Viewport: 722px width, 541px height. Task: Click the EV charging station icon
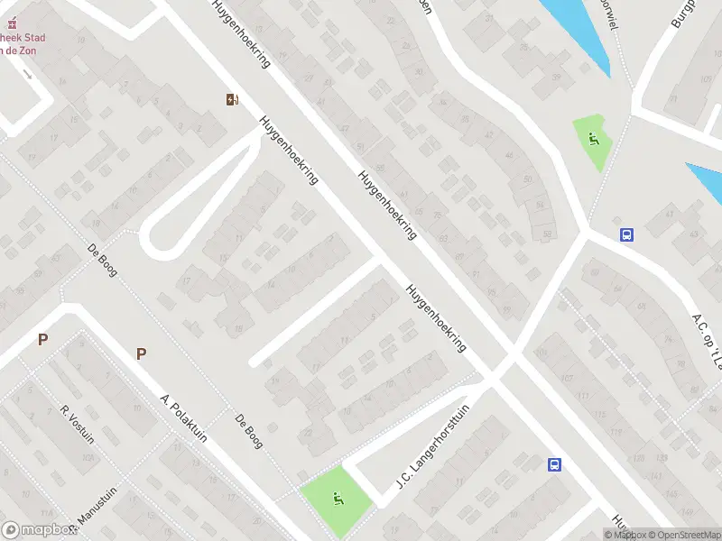[233, 100]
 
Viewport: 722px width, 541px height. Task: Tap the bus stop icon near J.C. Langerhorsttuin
[554, 465]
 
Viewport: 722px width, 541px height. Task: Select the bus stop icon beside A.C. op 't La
[626, 234]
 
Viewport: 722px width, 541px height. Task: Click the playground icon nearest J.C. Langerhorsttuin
[336, 498]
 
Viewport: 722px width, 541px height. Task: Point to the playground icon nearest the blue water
[592, 140]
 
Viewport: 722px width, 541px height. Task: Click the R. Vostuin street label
[78, 423]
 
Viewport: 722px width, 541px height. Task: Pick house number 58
[547, 236]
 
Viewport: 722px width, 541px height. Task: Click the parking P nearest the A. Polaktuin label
[141, 353]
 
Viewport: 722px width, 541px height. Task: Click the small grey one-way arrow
[29, 73]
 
